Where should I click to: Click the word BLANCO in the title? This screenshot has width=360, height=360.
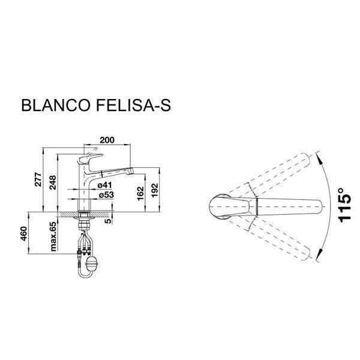point(54,106)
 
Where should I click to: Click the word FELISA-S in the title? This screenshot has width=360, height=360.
point(133,106)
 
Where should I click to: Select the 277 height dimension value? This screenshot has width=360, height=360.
point(37,181)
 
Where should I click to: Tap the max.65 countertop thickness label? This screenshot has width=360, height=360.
point(53,236)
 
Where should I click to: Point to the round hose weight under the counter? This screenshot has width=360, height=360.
point(91,263)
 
